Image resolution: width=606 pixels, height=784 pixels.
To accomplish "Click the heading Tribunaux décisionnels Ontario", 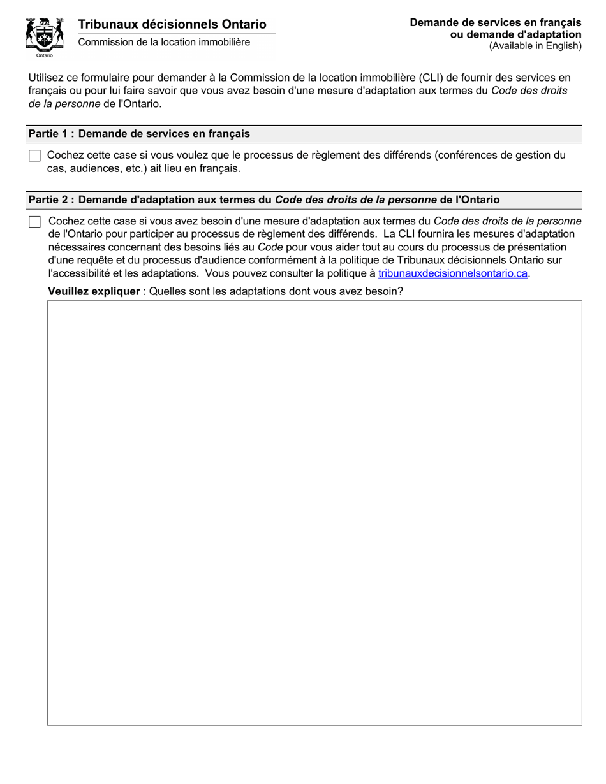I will [x=172, y=24].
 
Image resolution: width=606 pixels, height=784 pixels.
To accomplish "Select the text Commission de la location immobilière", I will [x=164, y=42].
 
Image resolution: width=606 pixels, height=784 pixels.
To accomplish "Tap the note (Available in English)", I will [x=535, y=45].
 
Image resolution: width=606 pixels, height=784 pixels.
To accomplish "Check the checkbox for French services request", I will [x=34, y=156].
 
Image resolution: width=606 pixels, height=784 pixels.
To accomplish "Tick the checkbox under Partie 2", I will [x=34, y=222].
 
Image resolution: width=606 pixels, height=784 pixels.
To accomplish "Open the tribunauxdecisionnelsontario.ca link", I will [x=453, y=273].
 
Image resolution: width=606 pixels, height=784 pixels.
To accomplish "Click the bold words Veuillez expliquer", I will [x=94, y=291].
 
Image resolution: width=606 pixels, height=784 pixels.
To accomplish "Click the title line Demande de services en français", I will [x=496, y=23].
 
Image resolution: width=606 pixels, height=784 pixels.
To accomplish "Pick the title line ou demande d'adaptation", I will [x=515, y=34].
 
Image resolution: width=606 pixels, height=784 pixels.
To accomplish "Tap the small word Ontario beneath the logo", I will [x=45, y=55].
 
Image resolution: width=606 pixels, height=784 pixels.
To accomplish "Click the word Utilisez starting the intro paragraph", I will [x=47, y=78].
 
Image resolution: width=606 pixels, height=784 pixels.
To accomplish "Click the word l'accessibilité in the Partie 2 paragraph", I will [x=79, y=273].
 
